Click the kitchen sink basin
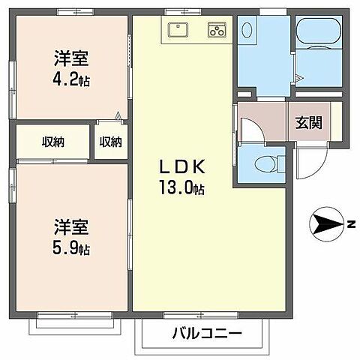point(178,31)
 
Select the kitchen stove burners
point(217,31)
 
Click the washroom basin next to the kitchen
point(248,31)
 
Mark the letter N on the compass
point(350,223)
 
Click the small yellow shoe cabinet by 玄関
point(336,121)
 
